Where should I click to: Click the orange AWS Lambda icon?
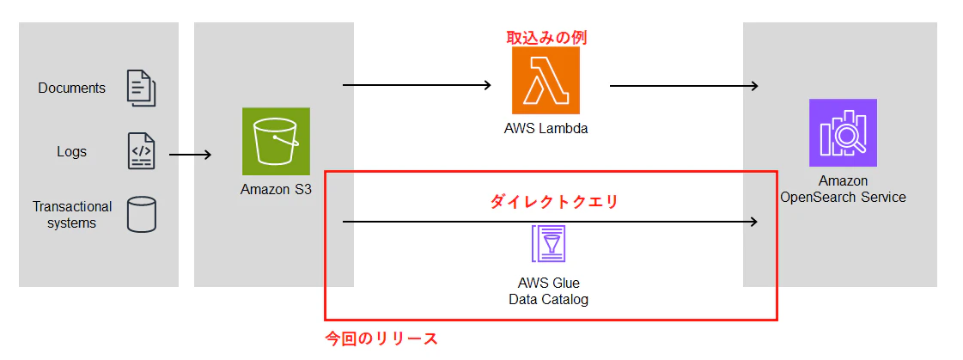pos(546,81)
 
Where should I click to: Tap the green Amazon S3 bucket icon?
pos(276,141)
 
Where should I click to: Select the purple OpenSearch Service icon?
pos(843,132)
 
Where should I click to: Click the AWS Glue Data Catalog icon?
pos(548,245)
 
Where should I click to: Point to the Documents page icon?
pos(141,88)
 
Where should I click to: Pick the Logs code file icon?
pos(141,150)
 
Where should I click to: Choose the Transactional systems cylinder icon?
pos(141,215)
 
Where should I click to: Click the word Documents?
pos(72,88)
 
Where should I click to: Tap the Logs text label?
pos(72,151)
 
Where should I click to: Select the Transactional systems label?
pos(72,215)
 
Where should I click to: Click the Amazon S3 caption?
pos(276,189)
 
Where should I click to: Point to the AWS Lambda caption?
pos(546,128)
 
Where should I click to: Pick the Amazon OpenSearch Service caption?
pos(843,189)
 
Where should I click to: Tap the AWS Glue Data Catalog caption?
pos(548,292)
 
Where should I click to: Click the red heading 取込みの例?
pos(546,38)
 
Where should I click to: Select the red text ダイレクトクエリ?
pos(553,202)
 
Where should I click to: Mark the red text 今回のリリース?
pos(381,339)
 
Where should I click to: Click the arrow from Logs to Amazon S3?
pos(191,155)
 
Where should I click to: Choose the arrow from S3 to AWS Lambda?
pos(418,85)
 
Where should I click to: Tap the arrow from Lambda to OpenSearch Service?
pos(684,86)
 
